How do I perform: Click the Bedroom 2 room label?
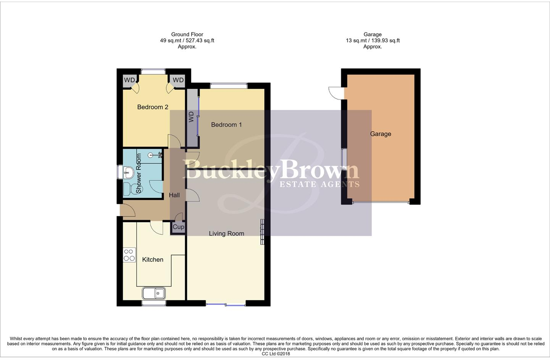point(153,107)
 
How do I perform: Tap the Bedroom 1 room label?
point(226,125)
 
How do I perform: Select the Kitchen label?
point(153,260)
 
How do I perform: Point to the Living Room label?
point(226,233)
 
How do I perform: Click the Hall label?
point(174,195)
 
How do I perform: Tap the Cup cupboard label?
point(178,227)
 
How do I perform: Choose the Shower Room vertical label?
point(139,173)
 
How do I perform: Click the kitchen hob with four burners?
point(129,255)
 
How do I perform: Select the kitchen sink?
point(154,293)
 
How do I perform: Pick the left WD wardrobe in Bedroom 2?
point(129,80)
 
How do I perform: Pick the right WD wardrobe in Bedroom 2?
point(178,80)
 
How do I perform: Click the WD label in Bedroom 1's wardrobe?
point(192,117)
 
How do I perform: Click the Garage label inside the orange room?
point(380,134)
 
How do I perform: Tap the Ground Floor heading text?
point(187,34)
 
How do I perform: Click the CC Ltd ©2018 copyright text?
point(276,354)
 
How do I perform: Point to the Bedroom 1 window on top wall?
point(229,86)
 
